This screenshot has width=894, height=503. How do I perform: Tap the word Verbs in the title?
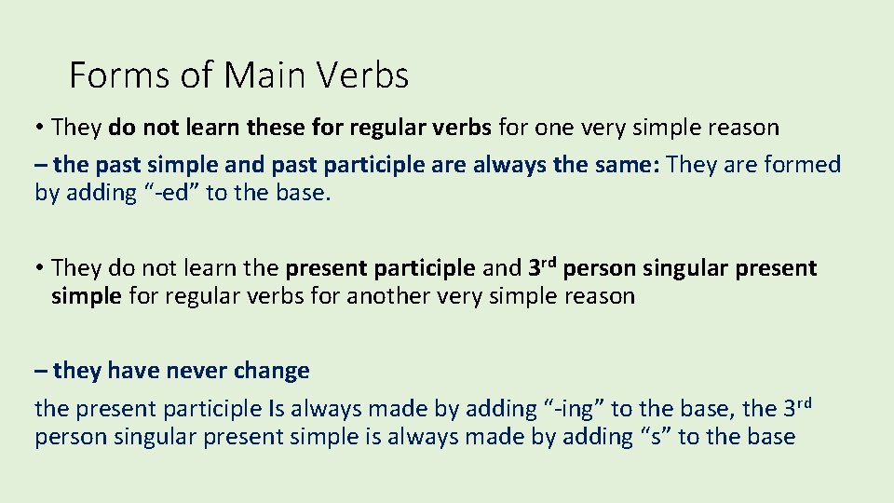[x=364, y=75]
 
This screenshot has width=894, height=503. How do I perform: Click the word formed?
[x=802, y=166]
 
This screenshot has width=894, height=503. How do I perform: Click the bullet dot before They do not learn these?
[x=41, y=127]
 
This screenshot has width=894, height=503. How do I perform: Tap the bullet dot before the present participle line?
[x=41, y=269]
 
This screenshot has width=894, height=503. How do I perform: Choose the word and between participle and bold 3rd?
[x=501, y=269]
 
